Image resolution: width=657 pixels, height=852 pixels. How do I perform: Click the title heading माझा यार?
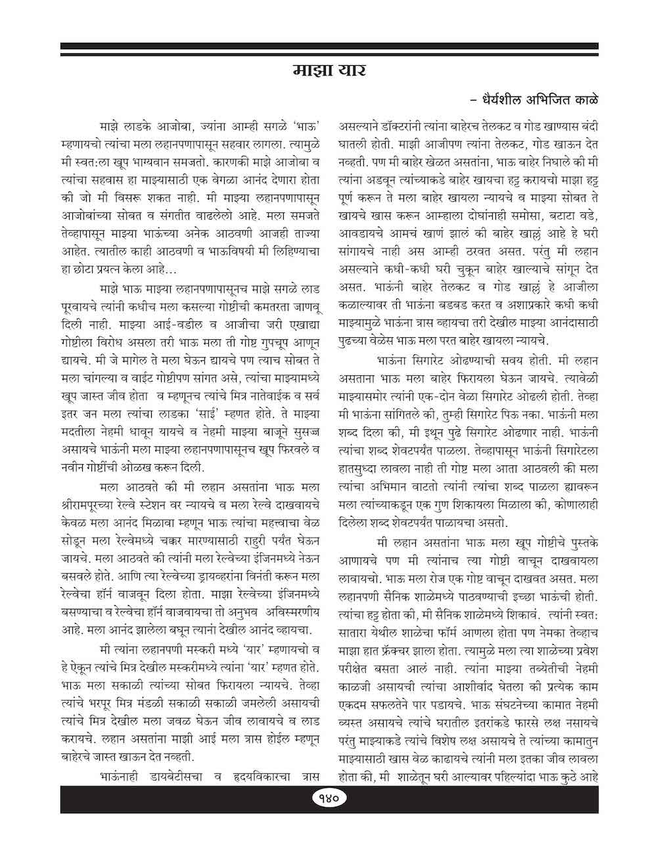pyautogui.click(x=328, y=70)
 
